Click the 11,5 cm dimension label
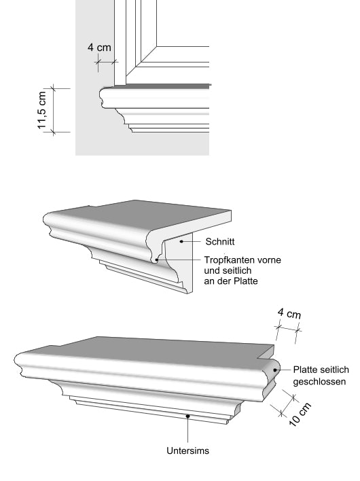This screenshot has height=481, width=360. tap(41, 110)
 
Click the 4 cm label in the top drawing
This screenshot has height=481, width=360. tap(99, 48)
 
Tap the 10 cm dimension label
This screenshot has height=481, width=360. tap(300, 414)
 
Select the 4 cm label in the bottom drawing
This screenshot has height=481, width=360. tap(289, 313)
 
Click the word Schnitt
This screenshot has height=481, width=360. tap(220, 242)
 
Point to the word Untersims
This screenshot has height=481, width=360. tap(187, 450)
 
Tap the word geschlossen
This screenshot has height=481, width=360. tap(319, 382)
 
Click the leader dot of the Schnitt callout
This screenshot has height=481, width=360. tap(181, 241)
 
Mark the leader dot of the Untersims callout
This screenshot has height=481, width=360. tap(187, 416)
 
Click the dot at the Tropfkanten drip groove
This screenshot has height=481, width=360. tap(156, 260)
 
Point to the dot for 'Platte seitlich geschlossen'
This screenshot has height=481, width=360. tap(274, 370)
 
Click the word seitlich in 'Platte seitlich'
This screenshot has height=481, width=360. tap(334, 370)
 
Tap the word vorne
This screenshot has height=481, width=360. tap(269, 260)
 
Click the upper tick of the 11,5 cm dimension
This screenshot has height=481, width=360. tap(54, 88)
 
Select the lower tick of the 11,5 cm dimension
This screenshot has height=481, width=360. tap(54, 132)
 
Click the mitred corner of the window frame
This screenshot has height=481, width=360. tap(156, 47)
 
